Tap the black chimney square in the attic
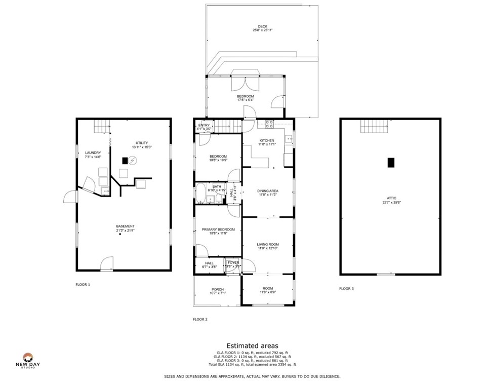[x=390, y=163]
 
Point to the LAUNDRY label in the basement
[x=93, y=152]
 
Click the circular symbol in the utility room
[x=133, y=161]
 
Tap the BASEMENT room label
[x=125, y=226]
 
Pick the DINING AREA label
[x=268, y=190]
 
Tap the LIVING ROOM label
[x=268, y=245]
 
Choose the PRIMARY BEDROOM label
[x=215, y=229]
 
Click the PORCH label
[x=218, y=290]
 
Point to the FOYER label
[x=233, y=262]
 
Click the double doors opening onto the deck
[x=245, y=84]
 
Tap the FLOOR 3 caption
[x=346, y=289]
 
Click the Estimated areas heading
[x=252, y=345]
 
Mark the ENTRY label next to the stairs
[x=204, y=125]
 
